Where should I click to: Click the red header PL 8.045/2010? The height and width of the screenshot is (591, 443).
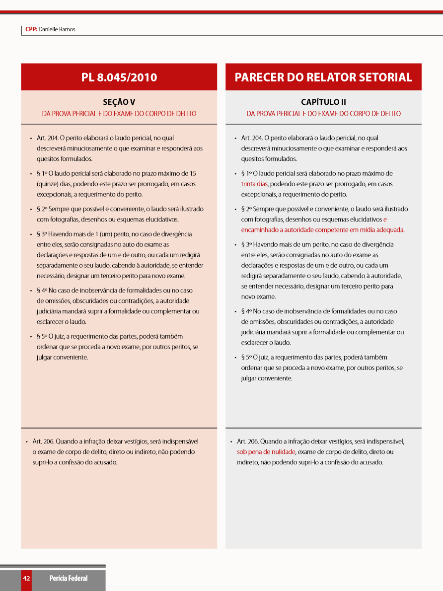[119, 77]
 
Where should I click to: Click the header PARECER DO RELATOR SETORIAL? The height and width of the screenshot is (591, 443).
[323, 77]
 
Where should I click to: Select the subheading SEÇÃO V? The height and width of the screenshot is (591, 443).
[119, 102]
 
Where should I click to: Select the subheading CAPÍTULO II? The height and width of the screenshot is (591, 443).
[323, 102]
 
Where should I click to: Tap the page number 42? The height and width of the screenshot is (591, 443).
[26, 579]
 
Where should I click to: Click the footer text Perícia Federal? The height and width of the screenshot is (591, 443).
[69, 579]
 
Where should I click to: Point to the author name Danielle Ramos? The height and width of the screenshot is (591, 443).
[57, 29]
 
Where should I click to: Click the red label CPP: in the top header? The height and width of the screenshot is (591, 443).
[31, 29]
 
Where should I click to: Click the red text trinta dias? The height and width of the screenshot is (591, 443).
[254, 184]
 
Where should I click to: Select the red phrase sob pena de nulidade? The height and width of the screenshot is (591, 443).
[266, 452]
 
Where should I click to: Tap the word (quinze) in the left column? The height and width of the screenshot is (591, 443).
[48, 184]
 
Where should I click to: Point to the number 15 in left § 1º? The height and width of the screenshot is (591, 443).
[193, 173]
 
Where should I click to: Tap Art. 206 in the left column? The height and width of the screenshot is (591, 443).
[43, 441]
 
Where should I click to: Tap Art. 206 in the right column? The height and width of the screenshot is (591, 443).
[248, 441]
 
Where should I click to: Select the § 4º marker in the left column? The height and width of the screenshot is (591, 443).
[42, 291]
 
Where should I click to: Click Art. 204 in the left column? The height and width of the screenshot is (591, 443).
[47, 138]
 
